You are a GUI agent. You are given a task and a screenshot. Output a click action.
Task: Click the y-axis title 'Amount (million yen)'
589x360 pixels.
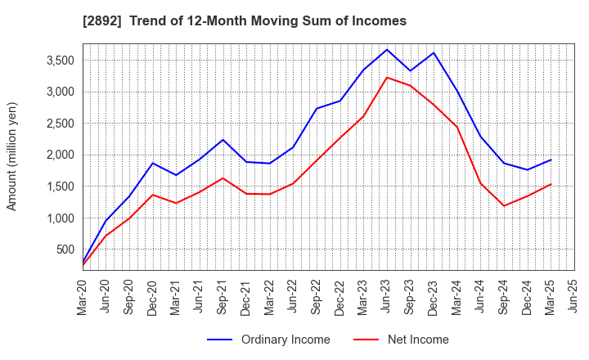[x=11, y=156]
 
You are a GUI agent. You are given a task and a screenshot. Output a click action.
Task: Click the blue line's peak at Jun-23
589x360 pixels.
[x=387, y=49]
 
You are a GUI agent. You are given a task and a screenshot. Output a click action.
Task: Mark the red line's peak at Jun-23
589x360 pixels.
[x=387, y=77]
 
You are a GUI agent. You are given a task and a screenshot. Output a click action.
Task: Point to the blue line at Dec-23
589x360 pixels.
[x=434, y=53]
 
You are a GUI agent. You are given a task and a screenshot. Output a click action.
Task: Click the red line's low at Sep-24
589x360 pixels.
[x=504, y=205]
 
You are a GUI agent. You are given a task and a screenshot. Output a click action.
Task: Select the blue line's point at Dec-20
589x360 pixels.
[x=153, y=163]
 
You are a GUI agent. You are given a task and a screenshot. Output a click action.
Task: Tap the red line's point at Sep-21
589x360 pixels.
[x=223, y=178]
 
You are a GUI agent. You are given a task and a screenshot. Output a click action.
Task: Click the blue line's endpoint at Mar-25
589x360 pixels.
[x=551, y=160]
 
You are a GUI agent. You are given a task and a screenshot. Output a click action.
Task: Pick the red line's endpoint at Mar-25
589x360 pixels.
[x=551, y=184]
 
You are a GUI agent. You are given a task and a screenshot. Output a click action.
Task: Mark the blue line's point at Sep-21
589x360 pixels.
[x=223, y=139]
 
